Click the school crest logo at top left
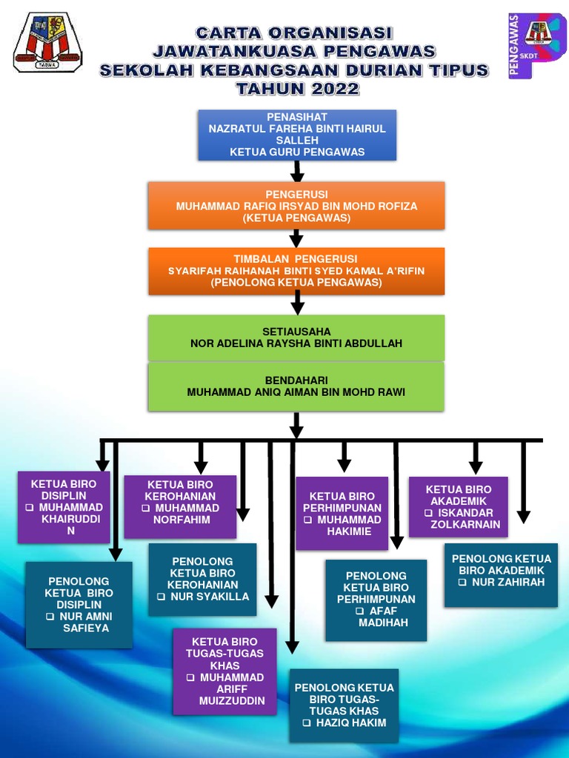click(x=47, y=42)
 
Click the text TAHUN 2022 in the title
click(x=296, y=90)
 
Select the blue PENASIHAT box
click(x=297, y=135)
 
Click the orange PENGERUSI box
click(x=296, y=206)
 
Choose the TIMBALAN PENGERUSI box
click(x=296, y=271)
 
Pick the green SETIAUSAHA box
click(x=296, y=338)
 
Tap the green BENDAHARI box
click(x=296, y=386)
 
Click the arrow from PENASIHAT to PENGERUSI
click(x=297, y=172)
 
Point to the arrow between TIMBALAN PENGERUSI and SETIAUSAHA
click(x=297, y=302)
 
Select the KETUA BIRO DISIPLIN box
click(x=64, y=507)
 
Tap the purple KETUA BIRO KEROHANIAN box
click(x=180, y=507)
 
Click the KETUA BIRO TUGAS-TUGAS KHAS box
click(x=224, y=671)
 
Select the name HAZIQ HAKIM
click(x=350, y=722)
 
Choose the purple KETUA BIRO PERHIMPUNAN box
click(x=342, y=513)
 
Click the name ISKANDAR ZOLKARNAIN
click(x=465, y=518)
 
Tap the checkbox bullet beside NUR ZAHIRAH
click(x=462, y=583)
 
